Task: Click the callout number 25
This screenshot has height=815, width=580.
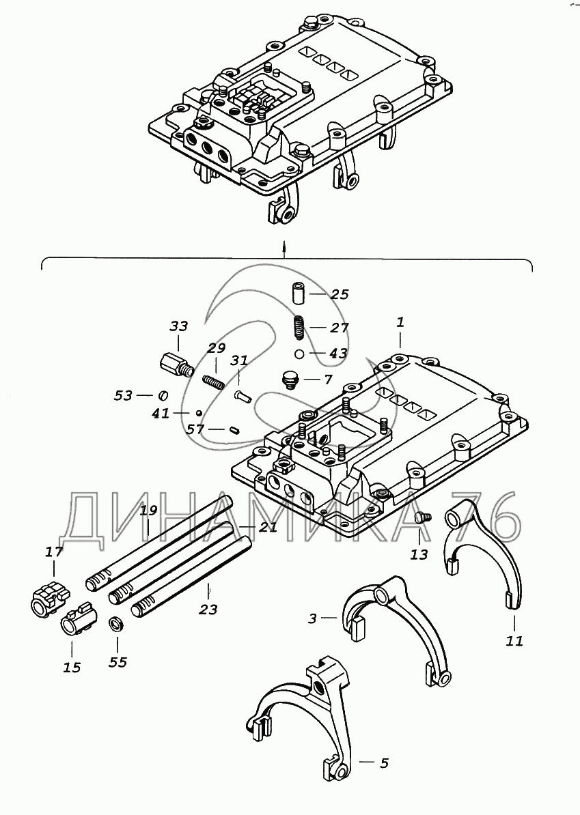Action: [340, 294]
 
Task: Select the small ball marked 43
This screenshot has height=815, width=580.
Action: [300, 354]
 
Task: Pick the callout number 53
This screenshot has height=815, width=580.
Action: [124, 395]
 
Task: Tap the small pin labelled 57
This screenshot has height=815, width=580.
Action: [234, 429]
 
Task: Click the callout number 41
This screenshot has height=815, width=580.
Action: [161, 413]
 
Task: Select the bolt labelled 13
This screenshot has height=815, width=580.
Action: [422, 518]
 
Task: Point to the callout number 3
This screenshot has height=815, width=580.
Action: [313, 619]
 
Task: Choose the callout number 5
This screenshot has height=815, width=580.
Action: [384, 762]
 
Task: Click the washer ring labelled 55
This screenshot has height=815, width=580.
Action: [117, 624]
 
